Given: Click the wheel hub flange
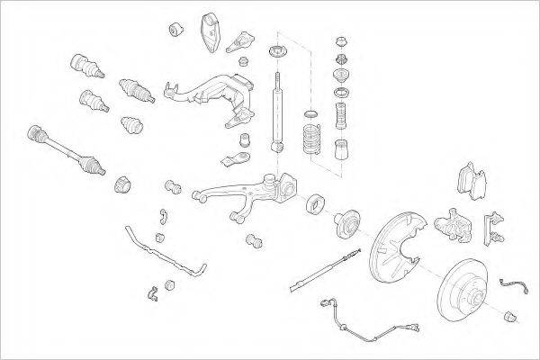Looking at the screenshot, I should pyautogui.click(x=349, y=228).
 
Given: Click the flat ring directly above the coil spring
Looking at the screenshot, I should pyautogui.click(x=311, y=112).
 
